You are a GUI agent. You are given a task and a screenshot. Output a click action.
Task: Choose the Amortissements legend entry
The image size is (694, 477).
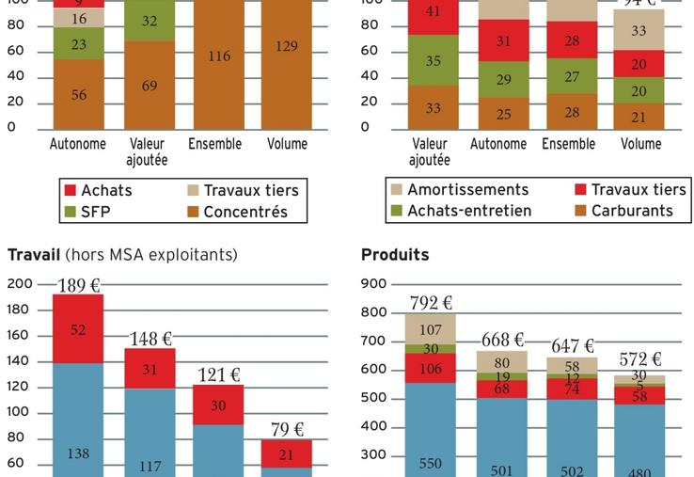coord(458,190)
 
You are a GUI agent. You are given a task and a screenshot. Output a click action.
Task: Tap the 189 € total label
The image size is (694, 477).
coord(79,285)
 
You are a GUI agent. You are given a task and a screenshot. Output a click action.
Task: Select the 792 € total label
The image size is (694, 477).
coord(432,303)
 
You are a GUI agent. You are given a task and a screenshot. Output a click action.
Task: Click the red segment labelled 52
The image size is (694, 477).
coord(78,329)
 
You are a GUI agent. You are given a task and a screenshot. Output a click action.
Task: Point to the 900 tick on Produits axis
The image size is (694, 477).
coord(373,283)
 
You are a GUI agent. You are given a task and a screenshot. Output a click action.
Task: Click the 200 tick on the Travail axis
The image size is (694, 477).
coord(21,283)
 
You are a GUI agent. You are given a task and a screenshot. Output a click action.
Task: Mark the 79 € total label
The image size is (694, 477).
coord(288,430)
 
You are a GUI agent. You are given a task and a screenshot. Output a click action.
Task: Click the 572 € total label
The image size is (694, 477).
coord(639,359)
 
